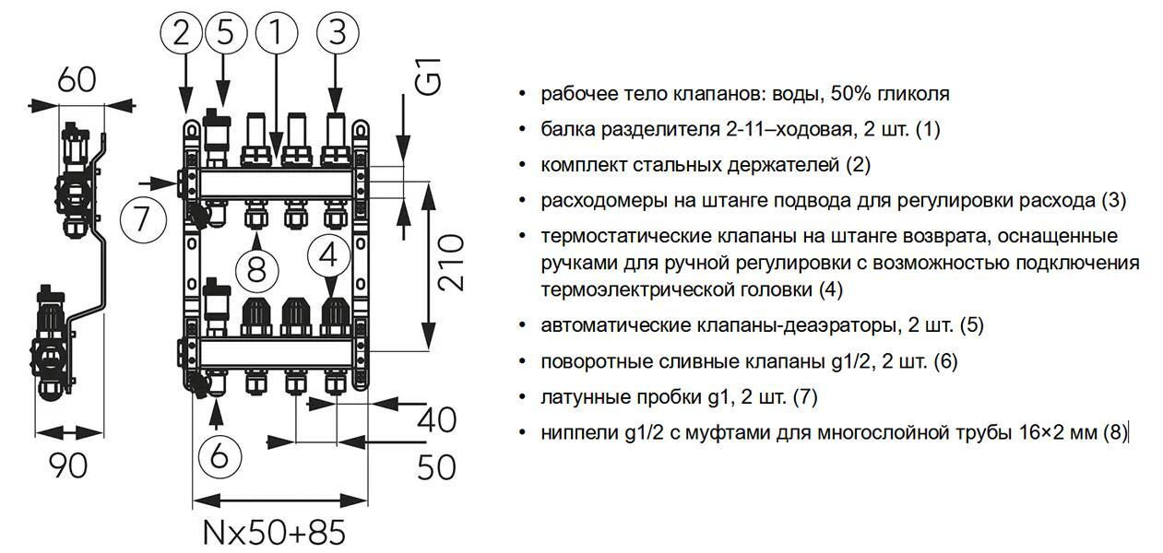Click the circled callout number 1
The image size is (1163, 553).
[277, 32]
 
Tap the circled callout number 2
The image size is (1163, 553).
[182, 32]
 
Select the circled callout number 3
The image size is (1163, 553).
[338, 32]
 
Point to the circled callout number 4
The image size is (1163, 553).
[328, 255]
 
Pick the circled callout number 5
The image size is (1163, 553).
[226, 32]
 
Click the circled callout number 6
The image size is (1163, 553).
[220, 456]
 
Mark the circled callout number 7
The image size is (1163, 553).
[143, 220]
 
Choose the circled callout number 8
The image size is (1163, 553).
[257, 270]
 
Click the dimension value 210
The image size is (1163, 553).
[450, 262]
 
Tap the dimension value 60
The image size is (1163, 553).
[77, 80]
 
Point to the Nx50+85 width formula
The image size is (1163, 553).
[274, 532]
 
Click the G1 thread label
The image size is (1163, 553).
[429, 76]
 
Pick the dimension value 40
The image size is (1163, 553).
[436, 420]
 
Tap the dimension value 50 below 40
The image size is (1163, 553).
[436, 467]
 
